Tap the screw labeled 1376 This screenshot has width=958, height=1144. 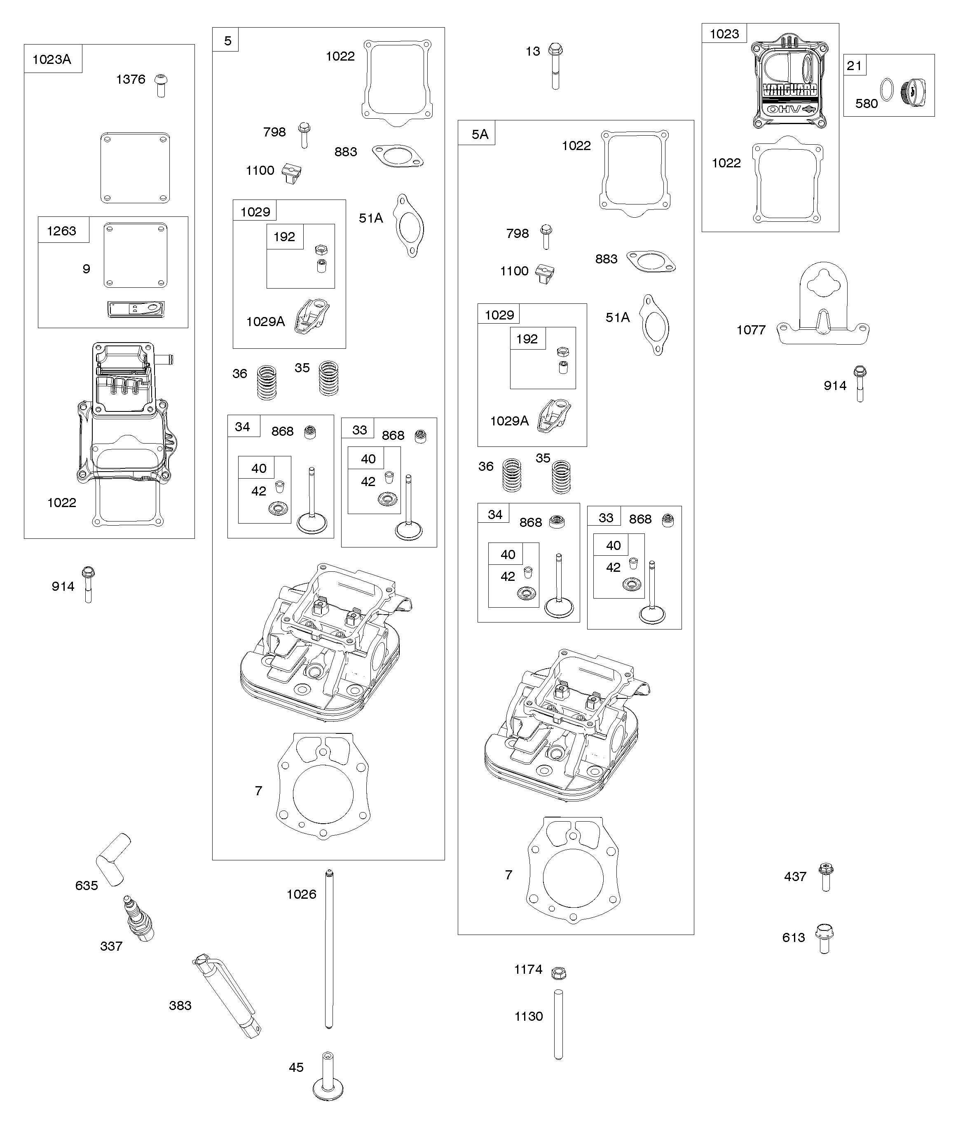161,85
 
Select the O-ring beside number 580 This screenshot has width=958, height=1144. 887,90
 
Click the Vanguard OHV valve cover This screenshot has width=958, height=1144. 789,82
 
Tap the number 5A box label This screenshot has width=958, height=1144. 480,134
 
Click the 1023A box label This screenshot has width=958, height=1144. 52,59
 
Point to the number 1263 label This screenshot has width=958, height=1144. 61,231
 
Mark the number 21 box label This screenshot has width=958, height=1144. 855,66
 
